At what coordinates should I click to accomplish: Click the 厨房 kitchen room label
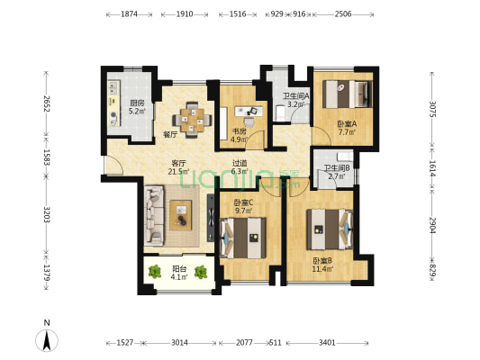(137, 107)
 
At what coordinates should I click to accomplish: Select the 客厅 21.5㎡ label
(177, 166)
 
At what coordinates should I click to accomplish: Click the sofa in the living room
(151, 214)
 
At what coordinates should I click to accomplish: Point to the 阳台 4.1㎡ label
(180, 273)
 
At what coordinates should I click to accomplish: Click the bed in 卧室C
(244, 239)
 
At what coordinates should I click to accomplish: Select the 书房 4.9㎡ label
(239, 136)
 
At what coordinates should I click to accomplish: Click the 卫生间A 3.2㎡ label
(296, 100)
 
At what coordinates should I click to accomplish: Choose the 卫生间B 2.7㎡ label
(337, 171)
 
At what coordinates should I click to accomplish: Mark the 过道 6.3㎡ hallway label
(239, 166)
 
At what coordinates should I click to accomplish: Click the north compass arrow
(47, 339)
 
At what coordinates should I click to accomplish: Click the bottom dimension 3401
(328, 343)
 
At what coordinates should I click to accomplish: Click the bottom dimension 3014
(180, 343)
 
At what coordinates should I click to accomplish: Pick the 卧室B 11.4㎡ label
(322, 265)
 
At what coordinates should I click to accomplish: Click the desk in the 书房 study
(245, 112)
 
